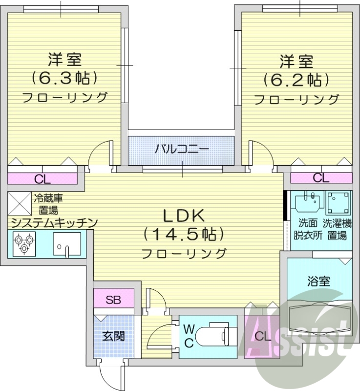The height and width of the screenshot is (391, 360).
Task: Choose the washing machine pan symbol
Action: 339,203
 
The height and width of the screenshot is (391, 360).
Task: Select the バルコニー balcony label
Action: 182,150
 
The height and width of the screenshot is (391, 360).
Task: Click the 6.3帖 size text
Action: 64,78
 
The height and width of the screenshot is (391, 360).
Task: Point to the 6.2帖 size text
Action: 296,79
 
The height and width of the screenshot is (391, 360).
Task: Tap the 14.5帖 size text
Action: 184,235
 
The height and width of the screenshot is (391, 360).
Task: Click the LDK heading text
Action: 183,215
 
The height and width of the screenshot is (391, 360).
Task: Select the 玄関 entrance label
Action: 113,336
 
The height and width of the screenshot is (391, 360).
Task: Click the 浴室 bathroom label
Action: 319,281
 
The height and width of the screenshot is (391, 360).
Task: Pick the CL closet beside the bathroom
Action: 262,336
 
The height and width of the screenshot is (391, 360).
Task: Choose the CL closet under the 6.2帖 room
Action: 321,178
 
